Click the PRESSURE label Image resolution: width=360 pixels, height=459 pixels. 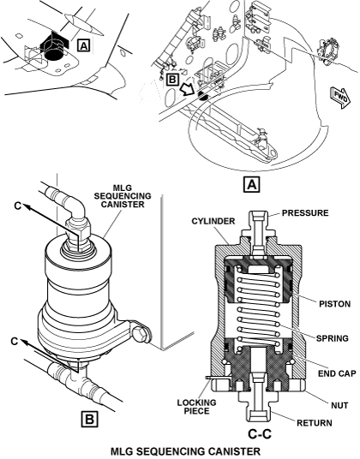tap(305, 213)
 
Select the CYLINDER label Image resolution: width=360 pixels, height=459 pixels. tap(213, 221)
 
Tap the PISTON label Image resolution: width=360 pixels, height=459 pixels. tap(334, 304)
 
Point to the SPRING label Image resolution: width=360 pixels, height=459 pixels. tap(333, 338)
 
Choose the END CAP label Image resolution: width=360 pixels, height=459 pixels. tap(337, 373)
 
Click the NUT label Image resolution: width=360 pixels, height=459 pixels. tap(339, 405)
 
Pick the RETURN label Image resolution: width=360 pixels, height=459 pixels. tap(315, 423)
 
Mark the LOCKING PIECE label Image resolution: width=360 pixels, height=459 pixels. tap(196, 407)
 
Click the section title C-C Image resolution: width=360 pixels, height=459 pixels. tap(260, 434)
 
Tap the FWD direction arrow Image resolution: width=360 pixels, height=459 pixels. tap(340, 98)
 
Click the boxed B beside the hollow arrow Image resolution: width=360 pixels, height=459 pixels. tap(173, 80)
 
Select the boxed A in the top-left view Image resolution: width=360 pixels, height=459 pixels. tap(83, 45)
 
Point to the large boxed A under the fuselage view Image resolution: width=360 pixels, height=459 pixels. tap(252, 185)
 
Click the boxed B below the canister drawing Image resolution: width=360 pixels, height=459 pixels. tap(89, 420)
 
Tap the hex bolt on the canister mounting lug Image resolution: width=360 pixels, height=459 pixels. tap(141, 334)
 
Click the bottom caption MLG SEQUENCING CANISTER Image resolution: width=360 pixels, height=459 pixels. tap(185, 451)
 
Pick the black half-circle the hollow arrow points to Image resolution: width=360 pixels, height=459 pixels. tap(202, 96)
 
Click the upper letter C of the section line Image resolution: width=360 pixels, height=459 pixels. tap(18, 206)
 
